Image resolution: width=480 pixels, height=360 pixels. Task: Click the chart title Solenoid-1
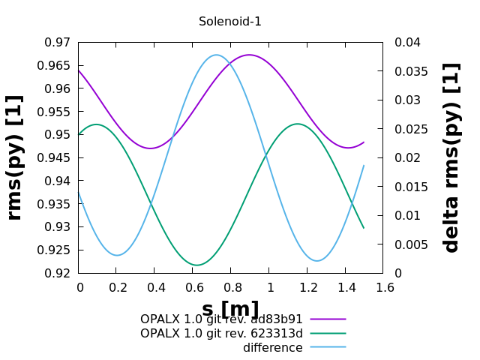click(230, 22)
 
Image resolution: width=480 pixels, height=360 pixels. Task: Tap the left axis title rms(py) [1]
click(15, 157)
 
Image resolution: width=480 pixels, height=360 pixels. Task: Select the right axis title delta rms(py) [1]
click(451, 157)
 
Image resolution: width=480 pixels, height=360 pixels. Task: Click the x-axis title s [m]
click(230, 309)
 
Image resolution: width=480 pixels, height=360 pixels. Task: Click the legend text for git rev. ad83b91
click(221, 319)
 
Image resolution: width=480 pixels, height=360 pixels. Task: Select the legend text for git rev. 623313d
click(221, 334)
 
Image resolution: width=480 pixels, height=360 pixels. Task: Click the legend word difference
click(272, 348)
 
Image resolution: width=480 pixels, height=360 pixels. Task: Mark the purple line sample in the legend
click(328, 319)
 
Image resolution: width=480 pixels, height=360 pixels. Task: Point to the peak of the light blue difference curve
click(216, 55)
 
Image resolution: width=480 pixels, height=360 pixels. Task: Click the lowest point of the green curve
click(197, 265)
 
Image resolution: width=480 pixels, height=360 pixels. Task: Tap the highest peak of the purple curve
click(249, 55)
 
